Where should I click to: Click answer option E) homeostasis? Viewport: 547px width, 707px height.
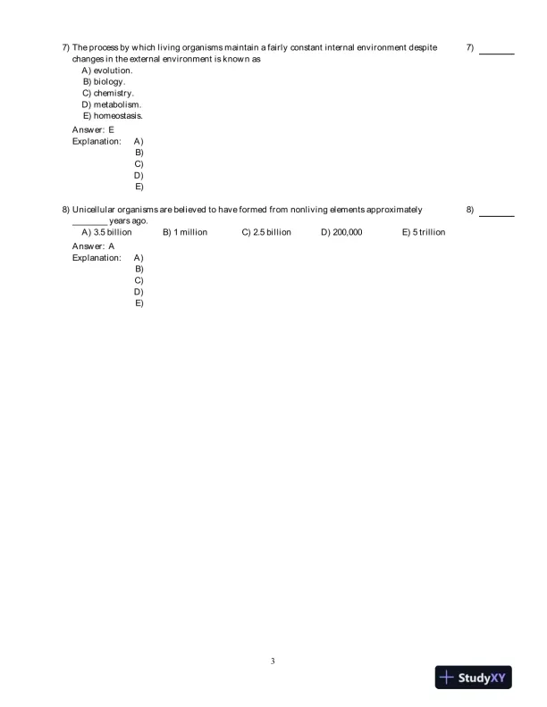[x=113, y=115]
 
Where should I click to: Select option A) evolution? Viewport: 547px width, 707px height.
[x=107, y=70]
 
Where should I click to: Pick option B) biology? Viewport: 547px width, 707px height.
[x=104, y=81]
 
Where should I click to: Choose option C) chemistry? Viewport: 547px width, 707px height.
[x=108, y=93]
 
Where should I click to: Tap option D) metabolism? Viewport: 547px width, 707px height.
[x=112, y=104]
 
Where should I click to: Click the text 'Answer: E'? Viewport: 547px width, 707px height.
[x=93, y=129]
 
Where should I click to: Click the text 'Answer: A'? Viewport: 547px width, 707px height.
[x=93, y=245]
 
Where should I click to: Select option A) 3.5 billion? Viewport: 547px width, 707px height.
[x=106, y=232]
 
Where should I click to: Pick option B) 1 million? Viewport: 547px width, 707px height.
[x=185, y=232]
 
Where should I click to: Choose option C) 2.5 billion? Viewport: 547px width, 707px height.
[x=266, y=232]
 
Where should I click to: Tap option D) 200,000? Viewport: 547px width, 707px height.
[x=341, y=232]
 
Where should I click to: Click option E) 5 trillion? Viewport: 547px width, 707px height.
[x=424, y=232]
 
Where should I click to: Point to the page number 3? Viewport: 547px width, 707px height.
[x=273, y=661]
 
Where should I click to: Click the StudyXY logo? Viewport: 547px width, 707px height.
[x=475, y=678]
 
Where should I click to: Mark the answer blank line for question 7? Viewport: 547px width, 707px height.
[x=497, y=53]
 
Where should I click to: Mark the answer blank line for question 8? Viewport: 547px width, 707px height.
[x=497, y=214]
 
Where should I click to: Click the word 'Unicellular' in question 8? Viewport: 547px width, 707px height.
[x=94, y=210]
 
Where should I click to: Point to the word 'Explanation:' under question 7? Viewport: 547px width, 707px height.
[x=97, y=141]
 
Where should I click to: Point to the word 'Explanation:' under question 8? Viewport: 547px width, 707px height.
[x=97, y=257]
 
